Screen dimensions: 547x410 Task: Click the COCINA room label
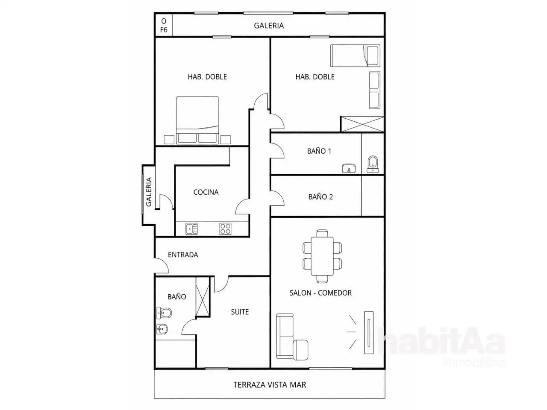pyautogui.click(x=206, y=192)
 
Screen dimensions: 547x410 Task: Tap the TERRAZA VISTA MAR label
pyautogui.click(x=269, y=385)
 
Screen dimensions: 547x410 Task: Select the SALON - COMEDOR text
pyautogui.click(x=321, y=293)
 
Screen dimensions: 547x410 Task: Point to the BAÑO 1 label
pyautogui.click(x=319, y=151)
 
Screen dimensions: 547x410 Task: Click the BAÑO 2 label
pyautogui.click(x=321, y=197)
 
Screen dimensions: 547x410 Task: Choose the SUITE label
pyautogui.click(x=240, y=312)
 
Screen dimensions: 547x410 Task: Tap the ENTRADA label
pyautogui.click(x=183, y=255)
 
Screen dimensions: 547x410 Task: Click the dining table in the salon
pyautogui.click(x=322, y=256)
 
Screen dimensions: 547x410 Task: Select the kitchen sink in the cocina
pyautogui.click(x=191, y=228)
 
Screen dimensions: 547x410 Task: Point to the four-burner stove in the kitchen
pyautogui.click(x=225, y=228)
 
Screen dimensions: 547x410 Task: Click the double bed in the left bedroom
pyautogui.click(x=197, y=120)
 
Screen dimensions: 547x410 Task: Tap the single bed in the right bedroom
pyautogui.click(x=355, y=56)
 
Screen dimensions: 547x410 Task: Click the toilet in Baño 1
pyautogui.click(x=373, y=164)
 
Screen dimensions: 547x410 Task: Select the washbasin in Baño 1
pyautogui.click(x=349, y=168)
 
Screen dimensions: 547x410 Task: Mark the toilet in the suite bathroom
pyautogui.click(x=164, y=313)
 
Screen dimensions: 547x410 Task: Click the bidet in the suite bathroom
pyautogui.click(x=162, y=329)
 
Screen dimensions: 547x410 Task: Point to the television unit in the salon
pyautogui.click(x=368, y=333)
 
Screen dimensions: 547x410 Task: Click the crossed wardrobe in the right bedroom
pyautogui.click(x=362, y=124)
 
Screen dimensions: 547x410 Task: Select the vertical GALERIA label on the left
pyautogui.click(x=149, y=192)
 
